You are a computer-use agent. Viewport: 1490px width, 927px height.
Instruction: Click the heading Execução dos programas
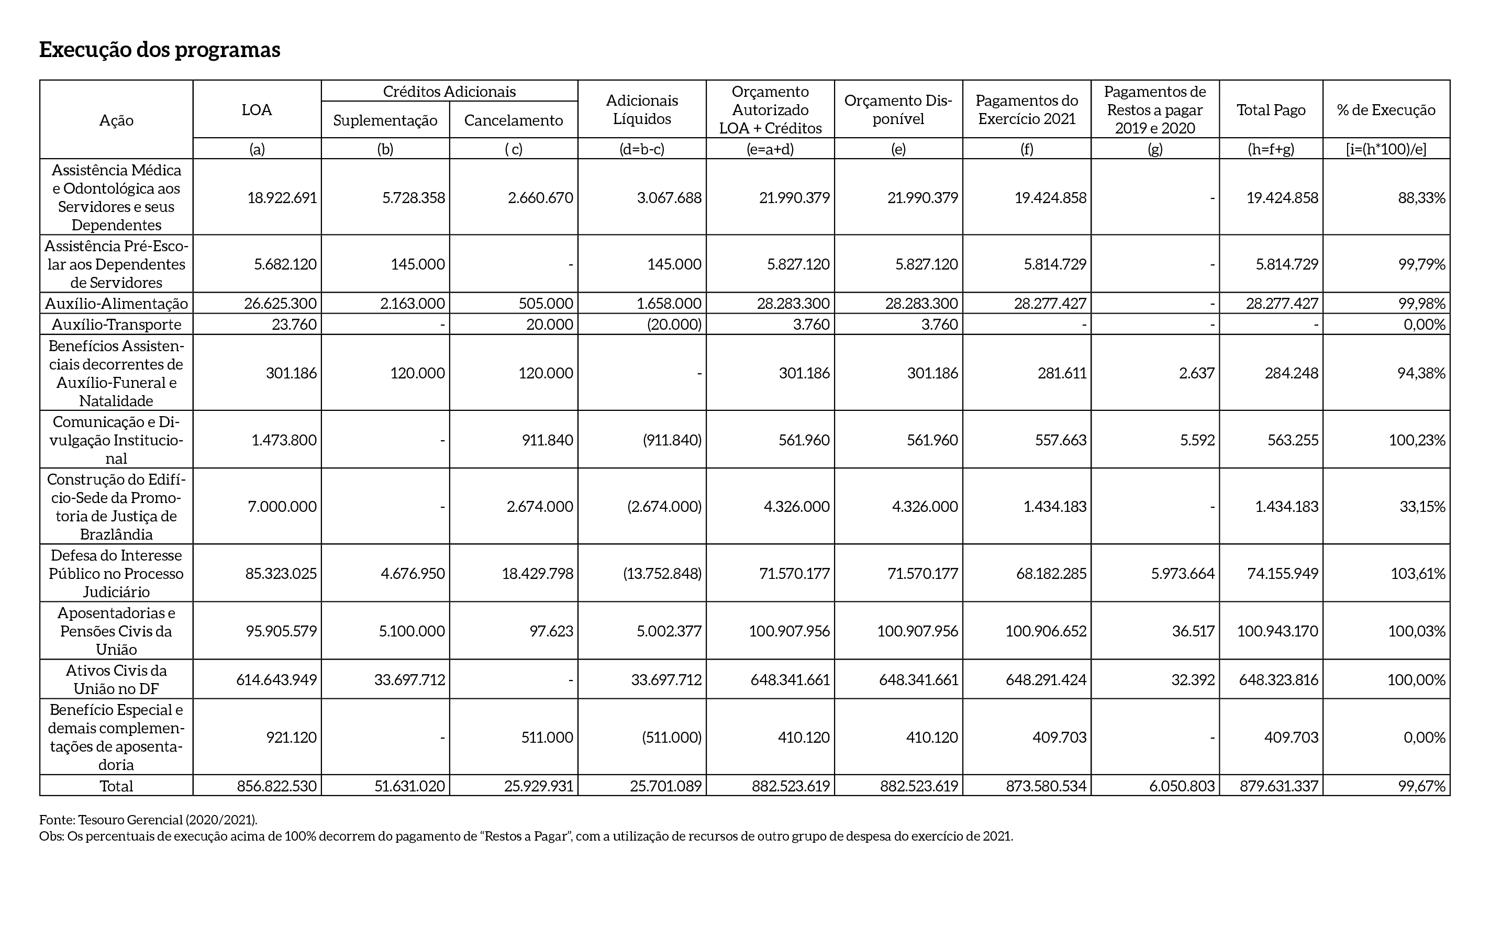point(160,50)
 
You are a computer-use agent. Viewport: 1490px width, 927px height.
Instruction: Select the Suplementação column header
point(385,120)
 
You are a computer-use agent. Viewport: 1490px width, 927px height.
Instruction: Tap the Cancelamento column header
point(513,120)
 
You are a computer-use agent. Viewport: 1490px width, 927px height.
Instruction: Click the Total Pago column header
point(1271,110)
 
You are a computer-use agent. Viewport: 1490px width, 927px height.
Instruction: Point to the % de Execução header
point(1386,110)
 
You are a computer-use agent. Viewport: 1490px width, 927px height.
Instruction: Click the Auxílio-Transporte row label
point(117,325)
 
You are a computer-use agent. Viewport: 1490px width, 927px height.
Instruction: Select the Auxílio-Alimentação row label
point(117,304)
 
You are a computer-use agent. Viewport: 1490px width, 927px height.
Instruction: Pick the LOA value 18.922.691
point(282,198)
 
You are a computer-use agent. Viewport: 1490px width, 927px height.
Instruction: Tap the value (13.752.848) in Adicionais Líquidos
point(662,574)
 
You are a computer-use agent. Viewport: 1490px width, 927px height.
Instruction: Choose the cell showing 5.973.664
point(1182,574)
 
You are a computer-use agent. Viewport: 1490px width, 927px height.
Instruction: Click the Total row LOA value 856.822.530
point(277,786)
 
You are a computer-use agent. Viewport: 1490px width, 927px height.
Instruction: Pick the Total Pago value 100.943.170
point(1277,631)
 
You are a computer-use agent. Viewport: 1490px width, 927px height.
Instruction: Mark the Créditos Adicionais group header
point(449,92)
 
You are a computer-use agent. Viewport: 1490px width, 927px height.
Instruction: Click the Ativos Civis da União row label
point(117,679)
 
